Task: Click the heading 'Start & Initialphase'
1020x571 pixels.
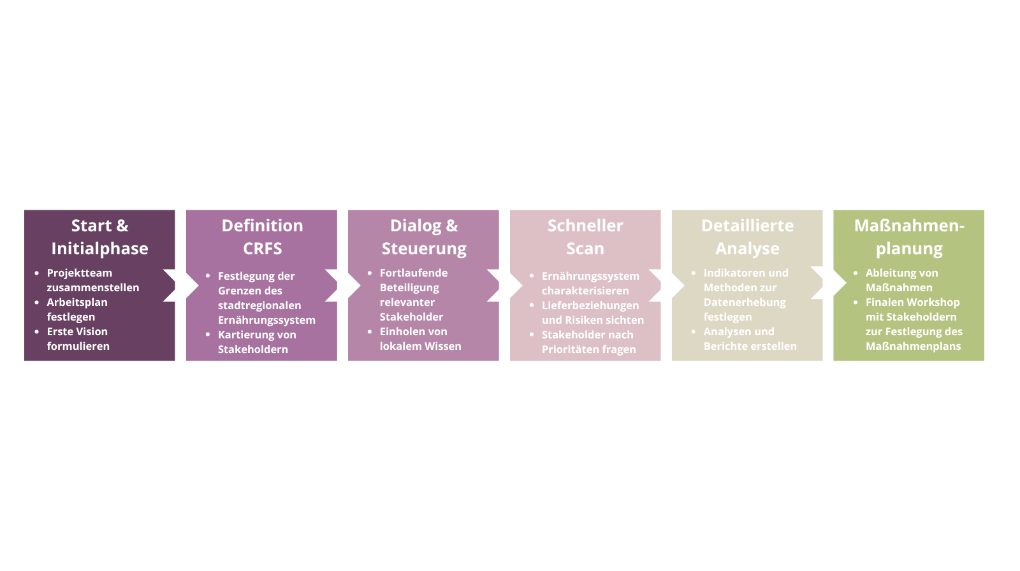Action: click(x=99, y=237)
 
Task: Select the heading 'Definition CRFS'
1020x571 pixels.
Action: click(x=262, y=237)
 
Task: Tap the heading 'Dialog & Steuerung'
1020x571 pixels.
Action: click(x=424, y=237)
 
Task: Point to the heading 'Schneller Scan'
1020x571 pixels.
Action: click(x=585, y=237)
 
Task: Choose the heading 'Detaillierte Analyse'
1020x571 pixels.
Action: click(x=747, y=237)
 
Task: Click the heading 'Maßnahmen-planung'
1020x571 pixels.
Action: click(x=909, y=237)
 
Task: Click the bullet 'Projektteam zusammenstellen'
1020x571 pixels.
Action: click(x=93, y=280)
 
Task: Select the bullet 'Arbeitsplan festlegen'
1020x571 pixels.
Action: click(x=77, y=309)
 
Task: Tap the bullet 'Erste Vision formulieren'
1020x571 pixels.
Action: click(x=78, y=339)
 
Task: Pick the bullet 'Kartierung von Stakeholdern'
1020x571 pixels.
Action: click(x=257, y=342)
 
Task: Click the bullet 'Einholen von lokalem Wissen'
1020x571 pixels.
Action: click(x=420, y=339)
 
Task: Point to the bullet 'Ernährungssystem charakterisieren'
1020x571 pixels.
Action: click(x=590, y=283)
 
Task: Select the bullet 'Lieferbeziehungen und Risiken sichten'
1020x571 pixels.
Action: click(x=592, y=312)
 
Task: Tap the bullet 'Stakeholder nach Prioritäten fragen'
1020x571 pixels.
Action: click(x=588, y=342)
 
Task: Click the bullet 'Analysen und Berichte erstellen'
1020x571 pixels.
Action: click(x=750, y=339)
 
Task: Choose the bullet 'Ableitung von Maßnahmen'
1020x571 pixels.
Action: click(x=901, y=280)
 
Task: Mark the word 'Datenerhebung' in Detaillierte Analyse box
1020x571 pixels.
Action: click(x=745, y=302)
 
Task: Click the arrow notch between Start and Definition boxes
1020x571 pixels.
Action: click(x=181, y=285)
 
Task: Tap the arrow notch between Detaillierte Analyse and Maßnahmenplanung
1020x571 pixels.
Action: click(x=828, y=283)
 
